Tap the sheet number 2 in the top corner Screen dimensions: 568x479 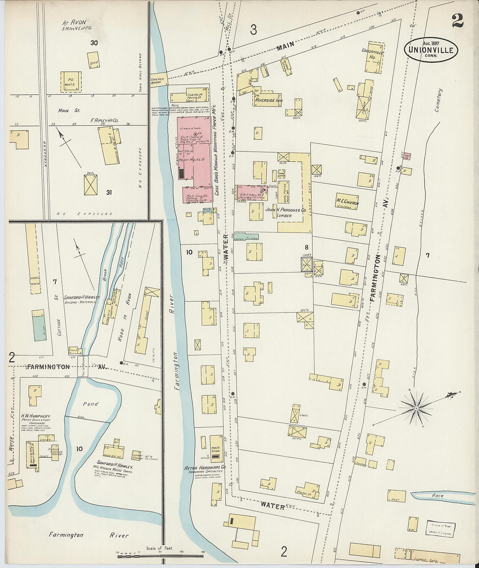coord(457,20)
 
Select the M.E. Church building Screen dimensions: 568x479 coord(347,202)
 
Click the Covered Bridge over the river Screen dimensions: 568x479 coord(159,79)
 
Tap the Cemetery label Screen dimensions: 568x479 coord(439,101)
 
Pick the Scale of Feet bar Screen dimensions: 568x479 coord(160,555)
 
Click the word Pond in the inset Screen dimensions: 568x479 coord(91,403)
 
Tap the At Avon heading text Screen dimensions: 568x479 coord(74,22)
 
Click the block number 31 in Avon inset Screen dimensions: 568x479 coord(108,192)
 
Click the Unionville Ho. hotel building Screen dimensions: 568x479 coord(374,57)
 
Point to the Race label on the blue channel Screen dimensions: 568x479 coord(437,496)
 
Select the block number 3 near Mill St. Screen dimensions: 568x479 coord(253,30)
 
